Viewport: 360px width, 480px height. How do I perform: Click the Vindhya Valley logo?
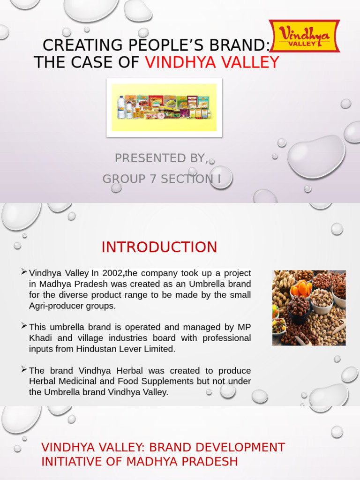click(x=304, y=36)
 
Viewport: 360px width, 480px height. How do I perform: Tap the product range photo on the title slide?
click(x=164, y=107)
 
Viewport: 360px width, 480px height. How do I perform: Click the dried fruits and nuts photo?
click(x=309, y=308)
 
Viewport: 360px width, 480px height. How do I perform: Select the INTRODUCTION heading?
click(x=159, y=247)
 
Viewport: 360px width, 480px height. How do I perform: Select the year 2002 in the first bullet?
click(x=113, y=273)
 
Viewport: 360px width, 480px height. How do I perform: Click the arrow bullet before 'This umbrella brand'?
click(x=24, y=325)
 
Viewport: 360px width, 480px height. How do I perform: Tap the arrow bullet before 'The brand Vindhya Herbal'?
click(x=24, y=369)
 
